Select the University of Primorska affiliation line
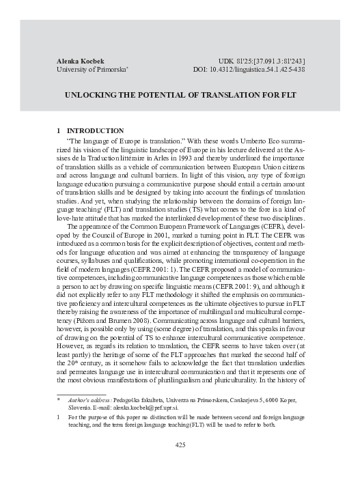coord(89,70)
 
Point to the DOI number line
coord(248,70)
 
